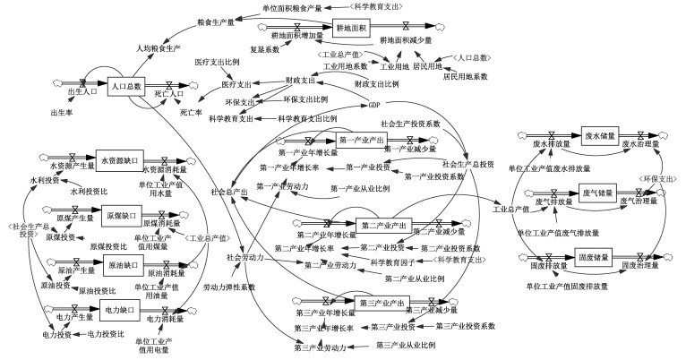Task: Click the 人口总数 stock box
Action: [x=126, y=86]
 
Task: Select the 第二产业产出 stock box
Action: [x=382, y=224]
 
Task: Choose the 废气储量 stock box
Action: [x=598, y=193]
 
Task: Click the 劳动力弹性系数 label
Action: [x=229, y=287]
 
